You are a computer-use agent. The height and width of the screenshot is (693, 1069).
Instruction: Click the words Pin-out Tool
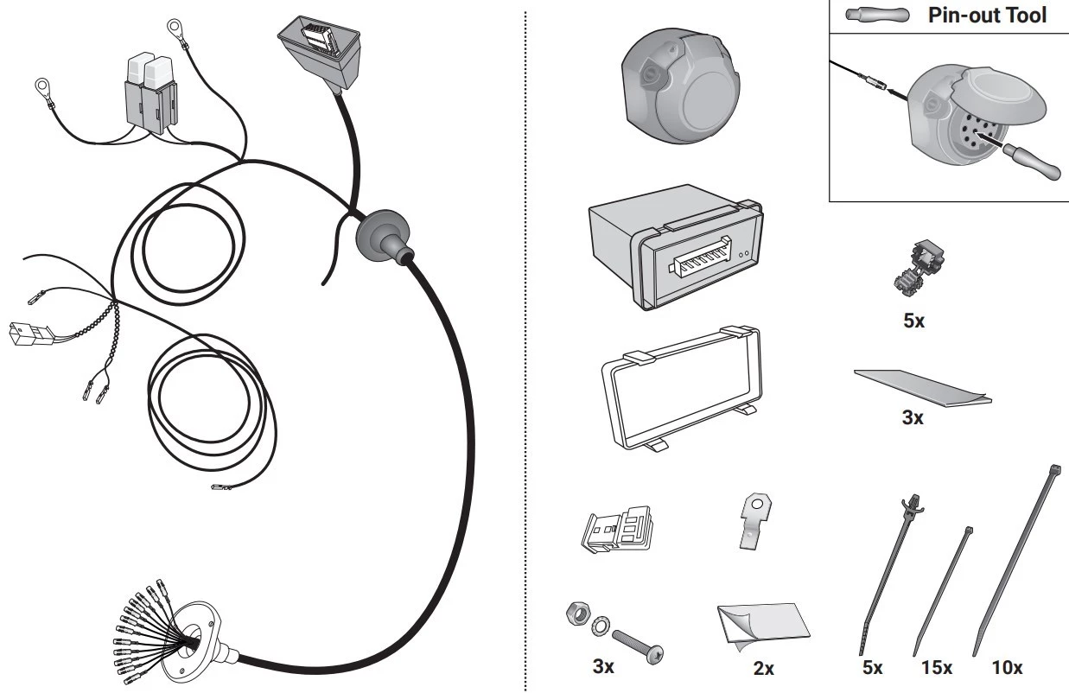coord(987,15)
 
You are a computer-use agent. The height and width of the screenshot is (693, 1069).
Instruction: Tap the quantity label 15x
coord(936,668)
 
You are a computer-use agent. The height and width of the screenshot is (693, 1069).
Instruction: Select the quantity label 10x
coord(1007,668)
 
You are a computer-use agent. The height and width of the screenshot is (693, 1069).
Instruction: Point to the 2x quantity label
coord(764,669)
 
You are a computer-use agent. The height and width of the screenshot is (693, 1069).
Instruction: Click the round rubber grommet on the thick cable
coord(383,236)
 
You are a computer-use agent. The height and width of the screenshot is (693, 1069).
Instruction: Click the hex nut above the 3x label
coord(577,613)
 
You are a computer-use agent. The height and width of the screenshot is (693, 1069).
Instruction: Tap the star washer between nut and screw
coord(599,624)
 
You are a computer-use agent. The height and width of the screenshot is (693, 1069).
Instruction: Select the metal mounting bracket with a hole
coord(755,521)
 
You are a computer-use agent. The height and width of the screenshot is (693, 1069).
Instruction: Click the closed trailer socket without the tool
coord(681,86)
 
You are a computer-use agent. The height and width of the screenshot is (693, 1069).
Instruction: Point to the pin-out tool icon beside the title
coord(877,15)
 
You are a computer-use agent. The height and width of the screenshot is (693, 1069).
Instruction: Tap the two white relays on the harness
coord(151,95)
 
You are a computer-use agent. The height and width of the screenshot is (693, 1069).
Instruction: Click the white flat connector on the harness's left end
coord(29,334)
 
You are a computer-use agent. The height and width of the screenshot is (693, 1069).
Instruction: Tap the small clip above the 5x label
coord(919,268)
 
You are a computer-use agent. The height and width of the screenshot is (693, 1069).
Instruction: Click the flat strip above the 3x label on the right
coord(922,388)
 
